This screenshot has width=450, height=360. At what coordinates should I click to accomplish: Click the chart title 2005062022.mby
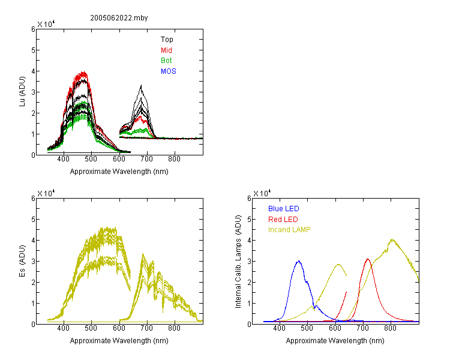click(x=119, y=18)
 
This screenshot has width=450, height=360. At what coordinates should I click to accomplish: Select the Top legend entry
click(x=167, y=40)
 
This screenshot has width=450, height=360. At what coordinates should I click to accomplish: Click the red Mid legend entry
click(x=166, y=50)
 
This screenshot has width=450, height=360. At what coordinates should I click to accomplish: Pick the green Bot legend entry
click(x=166, y=61)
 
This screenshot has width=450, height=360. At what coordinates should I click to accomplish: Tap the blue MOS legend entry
click(x=169, y=71)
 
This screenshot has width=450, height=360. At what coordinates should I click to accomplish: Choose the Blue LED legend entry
click(x=284, y=209)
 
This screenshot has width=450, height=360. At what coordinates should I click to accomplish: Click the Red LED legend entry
click(x=283, y=220)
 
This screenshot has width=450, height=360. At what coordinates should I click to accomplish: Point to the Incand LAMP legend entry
click(x=289, y=230)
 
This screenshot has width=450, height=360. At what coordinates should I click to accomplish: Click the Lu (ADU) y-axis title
click(x=22, y=92)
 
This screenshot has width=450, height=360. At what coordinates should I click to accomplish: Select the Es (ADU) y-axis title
click(x=22, y=261)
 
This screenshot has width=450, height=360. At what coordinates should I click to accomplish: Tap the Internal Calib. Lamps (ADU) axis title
click(x=238, y=262)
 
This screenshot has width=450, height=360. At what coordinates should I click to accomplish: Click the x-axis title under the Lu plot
click(x=119, y=172)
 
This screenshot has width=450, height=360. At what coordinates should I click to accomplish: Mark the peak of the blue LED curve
click(x=299, y=261)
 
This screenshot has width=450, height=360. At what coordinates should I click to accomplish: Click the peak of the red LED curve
click(x=368, y=259)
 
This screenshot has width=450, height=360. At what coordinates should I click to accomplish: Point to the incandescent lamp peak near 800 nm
click(x=392, y=239)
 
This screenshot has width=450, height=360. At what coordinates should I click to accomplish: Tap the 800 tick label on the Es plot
click(x=174, y=328)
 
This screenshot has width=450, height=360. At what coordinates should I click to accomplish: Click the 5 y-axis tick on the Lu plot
click(x=33, y=50)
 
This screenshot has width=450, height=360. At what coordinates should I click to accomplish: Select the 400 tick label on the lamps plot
click(x=280, y=328)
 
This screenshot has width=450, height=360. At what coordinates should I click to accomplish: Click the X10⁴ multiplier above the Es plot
click(x=46, y=193)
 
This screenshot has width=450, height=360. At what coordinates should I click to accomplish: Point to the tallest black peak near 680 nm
click(x=141, y=85)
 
